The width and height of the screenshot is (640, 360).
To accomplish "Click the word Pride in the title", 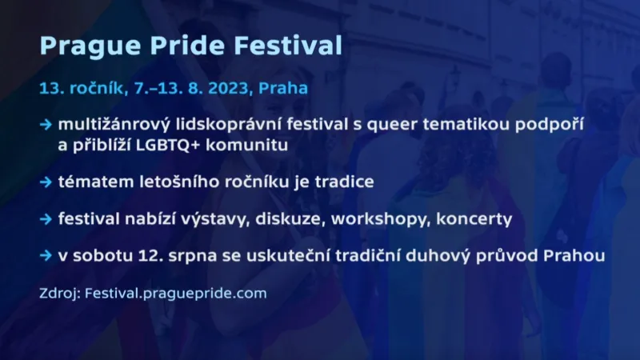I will coord(180,45).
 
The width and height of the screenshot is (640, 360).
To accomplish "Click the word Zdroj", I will coord(60,293).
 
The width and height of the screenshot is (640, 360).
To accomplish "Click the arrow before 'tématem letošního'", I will coord(46,182).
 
